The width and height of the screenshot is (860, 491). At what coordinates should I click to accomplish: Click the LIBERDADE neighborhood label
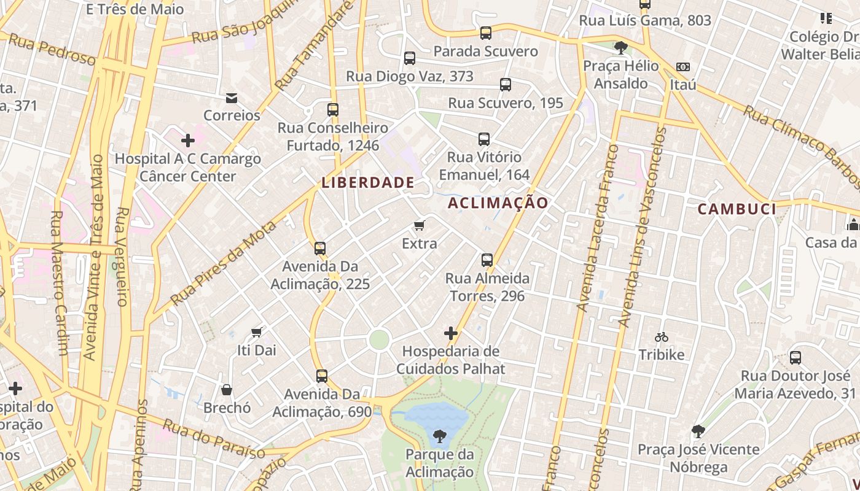coord(368,182)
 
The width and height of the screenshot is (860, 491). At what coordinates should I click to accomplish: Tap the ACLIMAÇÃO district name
coord(498,203)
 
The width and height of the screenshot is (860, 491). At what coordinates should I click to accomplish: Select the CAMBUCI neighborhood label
coord(737,209)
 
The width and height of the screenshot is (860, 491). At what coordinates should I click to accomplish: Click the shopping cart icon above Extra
coord(420,225)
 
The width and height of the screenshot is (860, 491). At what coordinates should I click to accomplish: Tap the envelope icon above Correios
coord(232,98)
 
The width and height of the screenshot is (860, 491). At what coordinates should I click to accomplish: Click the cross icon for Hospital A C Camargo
coord(188,141)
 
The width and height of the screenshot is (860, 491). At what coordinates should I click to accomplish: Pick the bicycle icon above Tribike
coord(661,337)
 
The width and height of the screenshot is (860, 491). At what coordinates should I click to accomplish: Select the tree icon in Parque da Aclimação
coord(439,436)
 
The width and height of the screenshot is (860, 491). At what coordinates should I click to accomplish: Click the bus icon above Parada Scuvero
coord(486,33)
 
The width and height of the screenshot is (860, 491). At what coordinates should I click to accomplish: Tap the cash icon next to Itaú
coord(683,66)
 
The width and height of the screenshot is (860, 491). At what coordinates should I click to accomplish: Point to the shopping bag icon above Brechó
coord(227,390)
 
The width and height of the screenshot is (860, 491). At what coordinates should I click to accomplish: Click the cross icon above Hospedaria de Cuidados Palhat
coord(451,333)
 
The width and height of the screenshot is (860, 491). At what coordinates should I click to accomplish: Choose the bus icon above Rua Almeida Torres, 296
coord(487,260)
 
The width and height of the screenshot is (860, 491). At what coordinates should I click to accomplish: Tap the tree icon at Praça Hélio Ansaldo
coord(620,47)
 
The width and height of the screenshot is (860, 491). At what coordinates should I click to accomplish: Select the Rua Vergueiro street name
coord(122,257)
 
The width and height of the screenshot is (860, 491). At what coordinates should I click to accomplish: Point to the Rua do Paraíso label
coord(214,439)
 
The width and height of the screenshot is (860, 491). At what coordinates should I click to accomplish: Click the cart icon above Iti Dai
coord(257,332)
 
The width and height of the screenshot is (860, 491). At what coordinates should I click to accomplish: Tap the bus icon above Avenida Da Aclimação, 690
coord(322,376)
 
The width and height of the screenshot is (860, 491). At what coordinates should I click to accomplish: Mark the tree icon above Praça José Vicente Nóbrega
coord(698,431)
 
